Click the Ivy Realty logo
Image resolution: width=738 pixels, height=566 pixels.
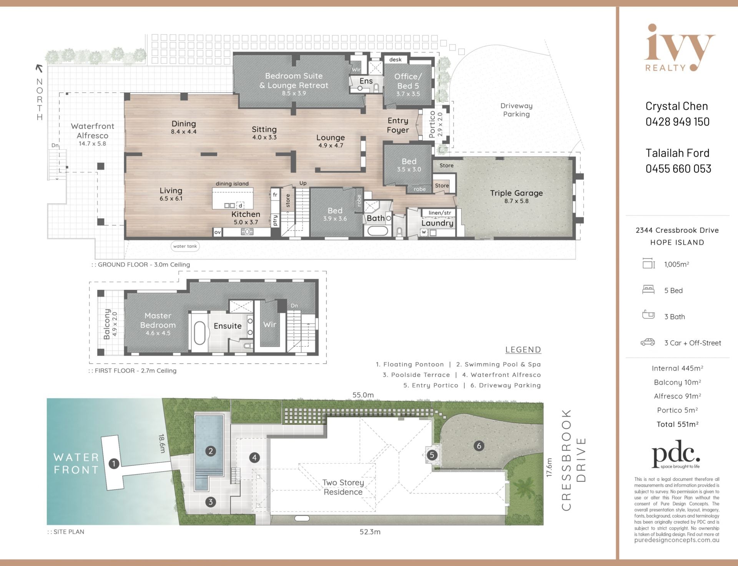click(679, 48)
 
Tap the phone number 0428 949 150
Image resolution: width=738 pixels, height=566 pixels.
click(678, 122)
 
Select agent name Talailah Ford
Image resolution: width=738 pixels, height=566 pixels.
click(678, 153)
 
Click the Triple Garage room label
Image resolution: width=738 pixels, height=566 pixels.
click(516, 193)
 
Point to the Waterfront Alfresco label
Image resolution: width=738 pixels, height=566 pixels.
click(92, 131)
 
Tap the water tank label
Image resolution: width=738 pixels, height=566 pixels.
click(185, 246)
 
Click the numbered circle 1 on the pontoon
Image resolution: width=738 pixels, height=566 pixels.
click(114, 464)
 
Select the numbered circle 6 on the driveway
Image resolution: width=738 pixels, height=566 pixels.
click(479, 446)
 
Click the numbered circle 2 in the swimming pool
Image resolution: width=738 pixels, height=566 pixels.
click(210, 451)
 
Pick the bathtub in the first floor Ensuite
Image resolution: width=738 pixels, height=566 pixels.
click(199, 333)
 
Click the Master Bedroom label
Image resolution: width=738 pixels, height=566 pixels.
click(158, 320)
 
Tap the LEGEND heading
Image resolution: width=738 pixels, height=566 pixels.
click(523, 350)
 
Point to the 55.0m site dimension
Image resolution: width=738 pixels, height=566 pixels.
click(363, 395)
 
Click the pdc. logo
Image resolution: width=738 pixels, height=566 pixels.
click(676, 454)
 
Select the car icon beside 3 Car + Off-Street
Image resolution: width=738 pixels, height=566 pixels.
click(648, 342)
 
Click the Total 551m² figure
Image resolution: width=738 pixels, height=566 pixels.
click(677, 424)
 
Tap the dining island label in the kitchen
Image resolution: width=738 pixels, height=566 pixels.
click(232, 184)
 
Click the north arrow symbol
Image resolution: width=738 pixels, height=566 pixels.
click(39, 68)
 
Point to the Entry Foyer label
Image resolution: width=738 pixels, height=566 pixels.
click(398, 126)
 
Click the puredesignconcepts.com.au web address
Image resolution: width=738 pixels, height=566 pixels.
click(676, 540)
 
